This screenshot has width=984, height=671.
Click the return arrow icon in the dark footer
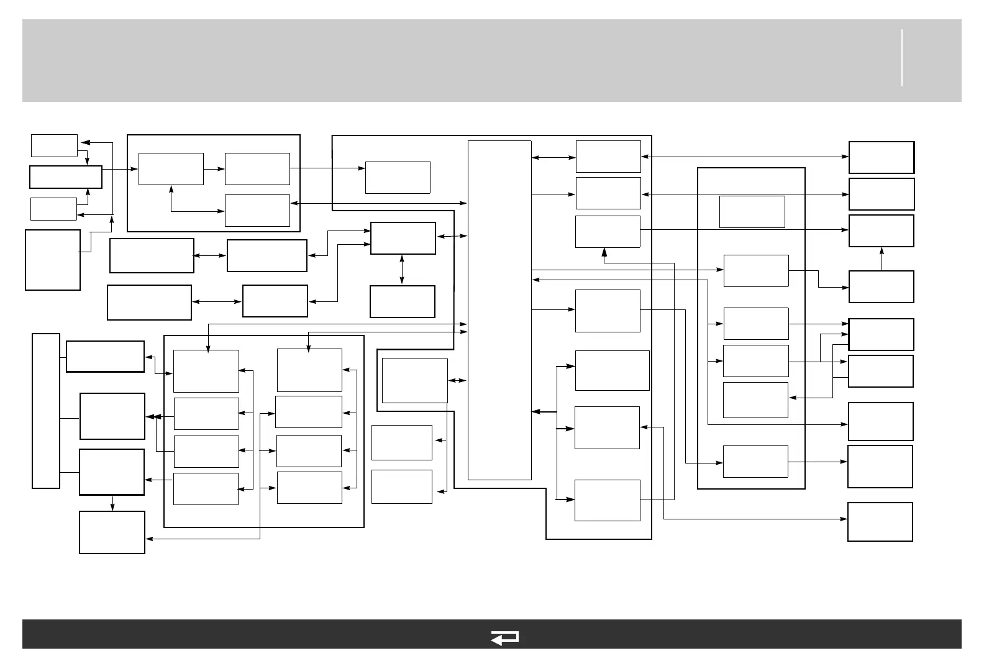tap(504, 637)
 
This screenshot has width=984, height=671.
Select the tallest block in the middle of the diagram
tap(499, 310)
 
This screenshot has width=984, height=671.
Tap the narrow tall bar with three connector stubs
tap(46, 411)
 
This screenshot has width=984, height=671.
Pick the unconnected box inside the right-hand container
tap(752, 212)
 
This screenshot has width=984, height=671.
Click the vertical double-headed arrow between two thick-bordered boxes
tap(403, 270)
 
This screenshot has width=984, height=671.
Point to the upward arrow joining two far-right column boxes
tap(881, 258)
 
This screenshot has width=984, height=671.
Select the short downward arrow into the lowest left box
tap(112, 503)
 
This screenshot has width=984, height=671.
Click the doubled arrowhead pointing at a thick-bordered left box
tap(151, 417)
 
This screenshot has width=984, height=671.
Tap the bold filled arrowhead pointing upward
tap(604, 252)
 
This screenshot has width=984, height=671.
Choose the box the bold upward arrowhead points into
tap(608, 232)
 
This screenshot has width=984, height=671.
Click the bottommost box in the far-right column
tap(880, 522)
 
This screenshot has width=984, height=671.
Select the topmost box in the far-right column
tap(881, 157)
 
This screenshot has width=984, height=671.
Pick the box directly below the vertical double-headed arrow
tap(403, 301)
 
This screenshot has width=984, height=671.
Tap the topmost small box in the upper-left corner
tap(54, 145)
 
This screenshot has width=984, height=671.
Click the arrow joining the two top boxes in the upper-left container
tap(214, 169)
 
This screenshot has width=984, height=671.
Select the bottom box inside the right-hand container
tap(755, 462)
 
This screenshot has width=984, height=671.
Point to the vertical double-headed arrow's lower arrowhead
tap(403, 281)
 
